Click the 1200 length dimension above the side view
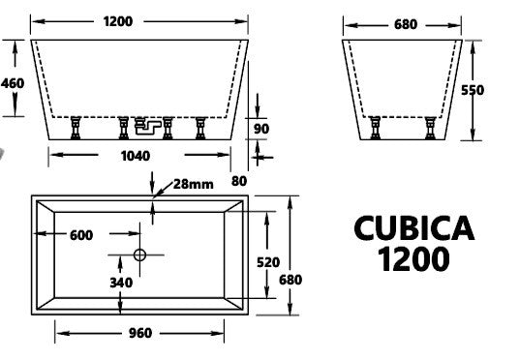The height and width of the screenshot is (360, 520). click(x=118, y=21)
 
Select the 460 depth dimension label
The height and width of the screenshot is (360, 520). click(x=13, y=83)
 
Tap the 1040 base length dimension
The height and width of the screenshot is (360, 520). click(x=136, y=156)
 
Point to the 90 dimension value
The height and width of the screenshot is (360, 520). click(x=261, y=129)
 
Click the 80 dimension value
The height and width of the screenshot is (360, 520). click(x=239, y=181)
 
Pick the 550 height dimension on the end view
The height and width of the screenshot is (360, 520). click(x=473, y=90)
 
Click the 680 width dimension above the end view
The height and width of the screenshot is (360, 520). click(x=406, y=24)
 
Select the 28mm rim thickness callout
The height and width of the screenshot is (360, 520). click(x=194, y=184)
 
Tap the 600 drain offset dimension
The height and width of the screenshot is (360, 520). click(x=81, y=235)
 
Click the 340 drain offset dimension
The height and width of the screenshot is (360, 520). click(x=121, y=283)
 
